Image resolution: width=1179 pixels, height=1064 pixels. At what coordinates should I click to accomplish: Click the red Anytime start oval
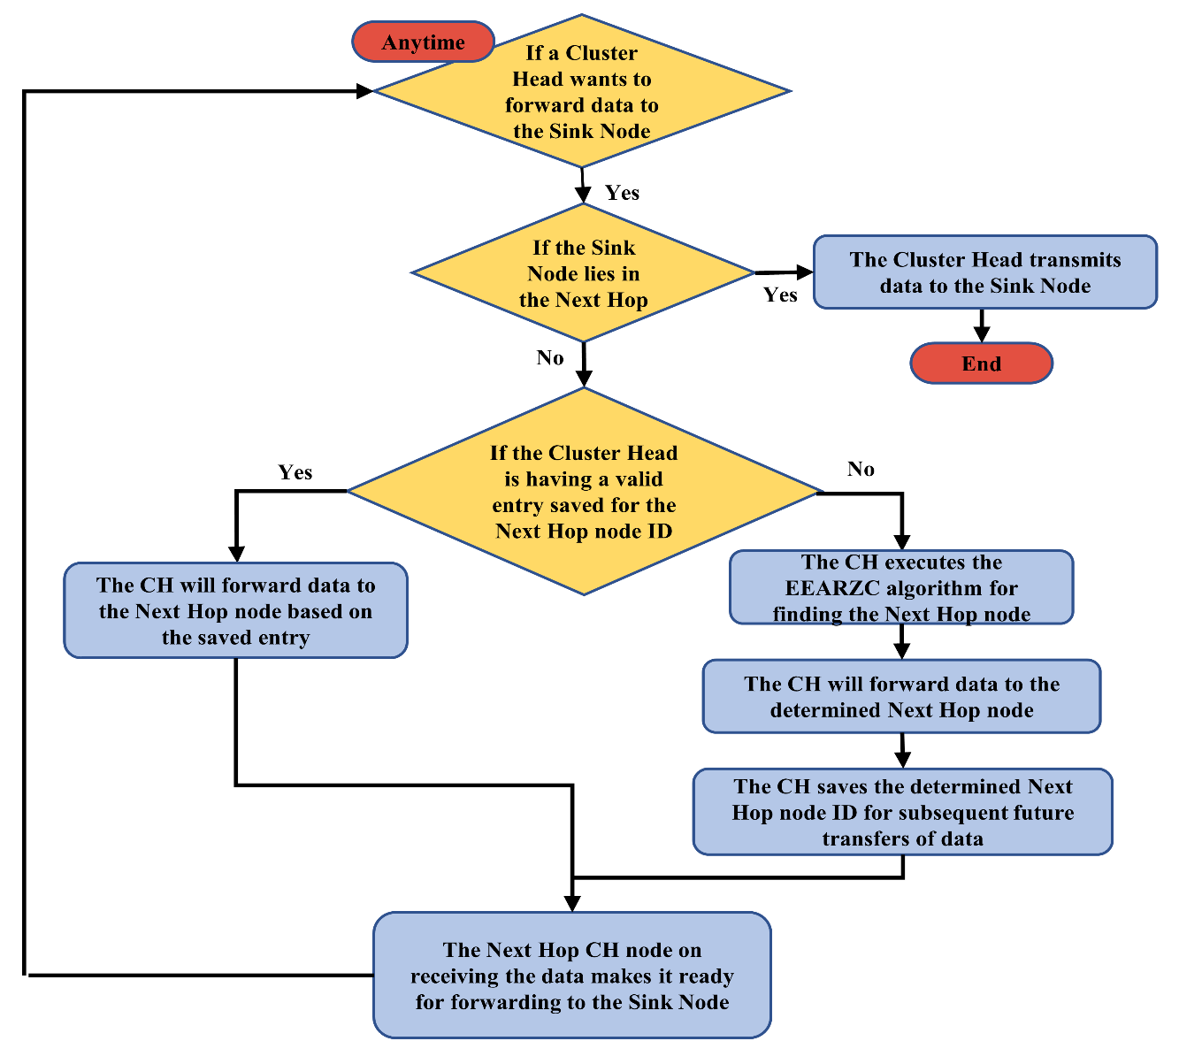point(423,42)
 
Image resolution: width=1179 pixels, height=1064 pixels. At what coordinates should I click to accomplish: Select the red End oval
point(981,364)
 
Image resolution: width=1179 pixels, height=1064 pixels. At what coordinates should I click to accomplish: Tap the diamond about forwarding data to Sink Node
point(581,92)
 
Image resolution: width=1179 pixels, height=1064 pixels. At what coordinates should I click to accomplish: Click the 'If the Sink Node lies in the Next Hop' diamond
point(583,273)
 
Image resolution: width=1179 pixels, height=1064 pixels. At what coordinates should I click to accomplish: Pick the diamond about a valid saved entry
point(584,492)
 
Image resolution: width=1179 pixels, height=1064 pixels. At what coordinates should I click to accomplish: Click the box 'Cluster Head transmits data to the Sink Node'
point(984,272)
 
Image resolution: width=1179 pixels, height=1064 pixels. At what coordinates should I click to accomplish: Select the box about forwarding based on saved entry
point(235,611)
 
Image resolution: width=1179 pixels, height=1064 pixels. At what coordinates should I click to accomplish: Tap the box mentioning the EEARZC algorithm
point(901,588)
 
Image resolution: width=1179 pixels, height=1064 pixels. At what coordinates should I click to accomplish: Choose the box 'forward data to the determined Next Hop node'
point(901,697)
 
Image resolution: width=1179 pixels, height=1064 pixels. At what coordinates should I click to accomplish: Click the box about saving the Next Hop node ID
point(902,812)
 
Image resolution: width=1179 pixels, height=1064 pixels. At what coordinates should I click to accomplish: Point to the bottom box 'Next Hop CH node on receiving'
point(571,976)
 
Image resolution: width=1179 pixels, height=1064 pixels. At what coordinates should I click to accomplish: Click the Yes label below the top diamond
point(622,193)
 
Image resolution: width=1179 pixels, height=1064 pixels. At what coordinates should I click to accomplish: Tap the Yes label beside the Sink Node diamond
point(780,295)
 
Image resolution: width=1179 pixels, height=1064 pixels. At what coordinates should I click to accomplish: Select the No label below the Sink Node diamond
point(550,357)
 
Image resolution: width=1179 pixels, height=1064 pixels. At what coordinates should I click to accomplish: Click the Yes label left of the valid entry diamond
point(295,472)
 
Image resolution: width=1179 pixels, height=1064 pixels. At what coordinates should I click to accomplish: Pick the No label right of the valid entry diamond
point(861,469)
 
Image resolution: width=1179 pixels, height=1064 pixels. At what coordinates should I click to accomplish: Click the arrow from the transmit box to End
point(981,325)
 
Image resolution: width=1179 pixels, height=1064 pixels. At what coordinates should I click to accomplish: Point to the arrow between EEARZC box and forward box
point(901,642)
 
